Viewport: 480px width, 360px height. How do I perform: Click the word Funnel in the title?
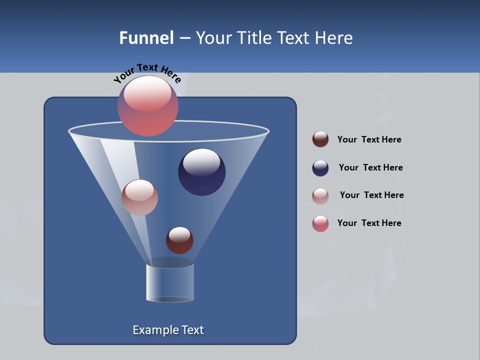point(146,38)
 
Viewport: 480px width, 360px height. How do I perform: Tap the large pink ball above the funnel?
point(148,106)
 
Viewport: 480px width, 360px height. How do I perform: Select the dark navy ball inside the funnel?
point(201,172)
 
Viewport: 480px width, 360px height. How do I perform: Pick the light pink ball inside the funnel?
point(139,197)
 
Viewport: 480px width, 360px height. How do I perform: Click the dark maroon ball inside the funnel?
point(179,240)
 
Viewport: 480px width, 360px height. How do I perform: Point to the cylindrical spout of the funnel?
point(170,282)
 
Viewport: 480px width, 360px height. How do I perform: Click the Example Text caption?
point(168,330)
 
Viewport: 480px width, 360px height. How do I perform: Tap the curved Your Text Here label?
point(147,73)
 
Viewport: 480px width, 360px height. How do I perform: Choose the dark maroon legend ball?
point(320,139)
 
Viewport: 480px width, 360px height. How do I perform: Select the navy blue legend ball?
point(320,168)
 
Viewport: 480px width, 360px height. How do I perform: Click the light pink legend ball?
point(320,196)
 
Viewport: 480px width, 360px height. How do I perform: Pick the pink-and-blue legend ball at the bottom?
point(320,223)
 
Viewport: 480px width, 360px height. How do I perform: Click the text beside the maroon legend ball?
point(369,140)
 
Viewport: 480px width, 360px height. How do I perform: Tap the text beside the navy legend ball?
point(370,168)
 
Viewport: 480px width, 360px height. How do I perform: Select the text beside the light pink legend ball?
point(371,195)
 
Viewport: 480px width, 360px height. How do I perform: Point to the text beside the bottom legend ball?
point(369,223)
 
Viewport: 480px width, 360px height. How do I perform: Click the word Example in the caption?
point(150,330)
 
